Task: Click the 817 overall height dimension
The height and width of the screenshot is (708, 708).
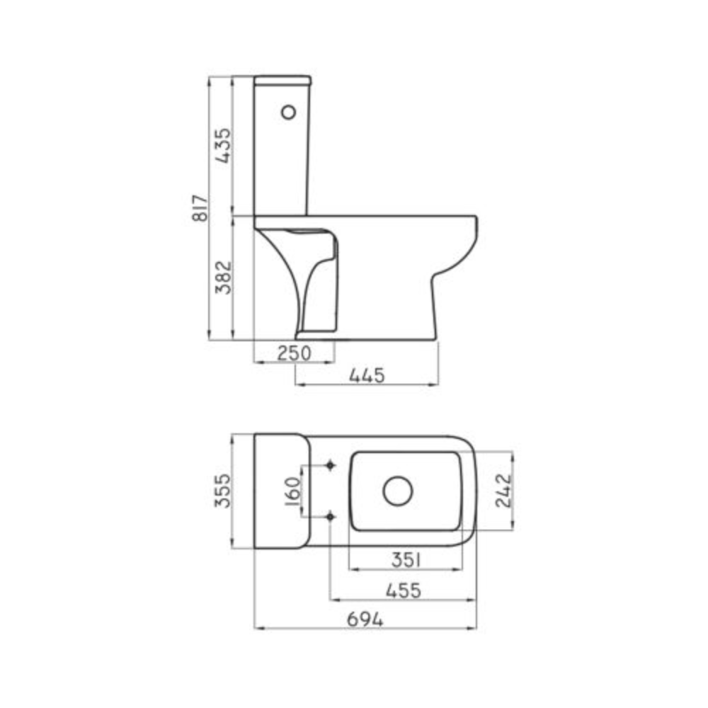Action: [200, 208]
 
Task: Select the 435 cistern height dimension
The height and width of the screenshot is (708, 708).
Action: [223, 145]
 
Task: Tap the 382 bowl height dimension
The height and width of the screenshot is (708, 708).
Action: [223, 278]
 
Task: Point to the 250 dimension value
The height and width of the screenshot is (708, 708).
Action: [294, 353]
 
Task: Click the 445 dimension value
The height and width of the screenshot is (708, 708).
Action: [367, 376]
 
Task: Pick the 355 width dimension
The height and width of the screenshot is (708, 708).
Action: [222, 491]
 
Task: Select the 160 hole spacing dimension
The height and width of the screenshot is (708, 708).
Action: [293, 491]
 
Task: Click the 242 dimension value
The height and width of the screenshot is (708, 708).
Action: [503, 491]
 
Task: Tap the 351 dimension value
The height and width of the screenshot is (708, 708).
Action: [406, 560]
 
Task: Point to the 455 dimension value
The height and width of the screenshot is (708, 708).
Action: [404, 590]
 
